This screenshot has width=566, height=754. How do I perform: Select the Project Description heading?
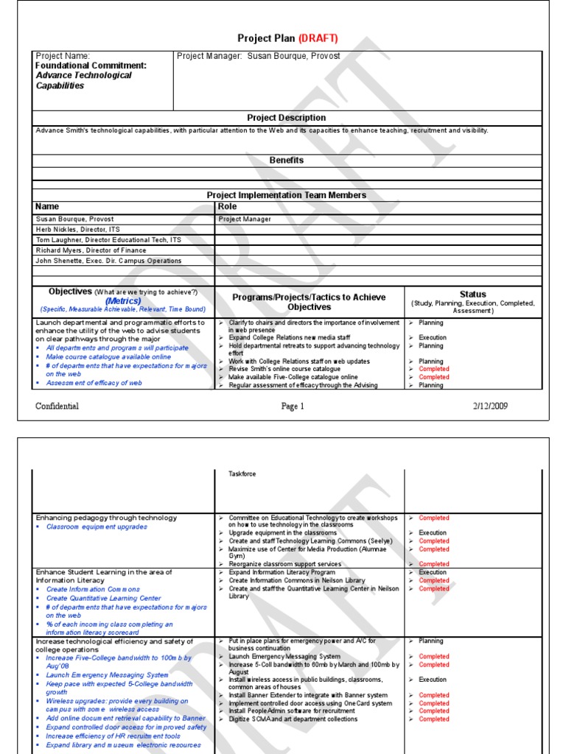[x=286, y=118]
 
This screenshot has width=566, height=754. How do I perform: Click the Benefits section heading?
[x=286, y=160]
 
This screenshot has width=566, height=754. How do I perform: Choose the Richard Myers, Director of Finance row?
[x=81, y=250]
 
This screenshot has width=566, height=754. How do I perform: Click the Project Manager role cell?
[x=245, y=219]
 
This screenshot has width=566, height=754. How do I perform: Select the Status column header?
[x=472, y=294]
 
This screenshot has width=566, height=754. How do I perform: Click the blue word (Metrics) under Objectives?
[x=123, y=301]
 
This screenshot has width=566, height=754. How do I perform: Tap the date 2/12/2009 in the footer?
[x=489, y=406]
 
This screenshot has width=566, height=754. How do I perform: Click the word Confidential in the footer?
[x=57, y=406]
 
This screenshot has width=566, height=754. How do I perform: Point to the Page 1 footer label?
[x=292, y=406]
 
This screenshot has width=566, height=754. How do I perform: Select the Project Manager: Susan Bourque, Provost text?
[x=259, y=56]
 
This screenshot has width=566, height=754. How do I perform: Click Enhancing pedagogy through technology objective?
[x=106, y=518]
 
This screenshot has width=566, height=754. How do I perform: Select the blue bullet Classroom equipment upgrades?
[x=97, y=527]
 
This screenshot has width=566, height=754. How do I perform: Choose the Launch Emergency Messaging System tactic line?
[x=284, y=656]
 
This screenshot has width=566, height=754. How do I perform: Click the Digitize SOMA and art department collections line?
[x=293, y=719]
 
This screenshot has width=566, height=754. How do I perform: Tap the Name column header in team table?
[x=47, y=207]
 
